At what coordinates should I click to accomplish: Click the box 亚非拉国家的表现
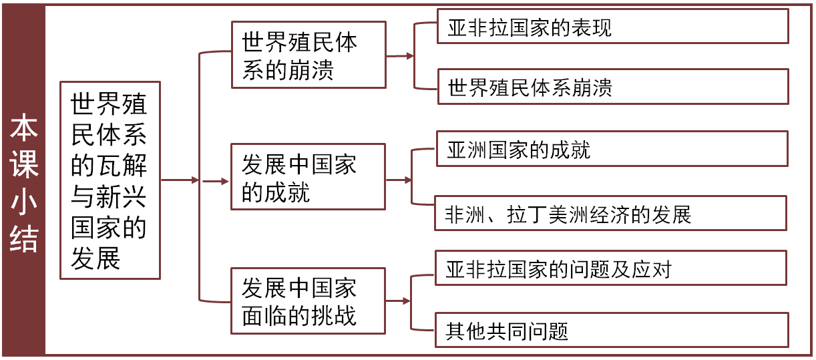tap(612, 27)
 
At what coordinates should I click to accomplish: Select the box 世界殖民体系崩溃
tap(612, 87)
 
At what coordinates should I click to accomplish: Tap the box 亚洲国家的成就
tap(611, 148)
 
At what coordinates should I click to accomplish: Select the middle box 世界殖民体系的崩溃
tap(309, 55)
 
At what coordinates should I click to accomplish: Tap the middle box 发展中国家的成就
tap(309, 177)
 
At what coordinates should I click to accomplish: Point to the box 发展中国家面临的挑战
tap(309, 301)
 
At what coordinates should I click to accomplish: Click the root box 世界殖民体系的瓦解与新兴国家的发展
tap(110, 180)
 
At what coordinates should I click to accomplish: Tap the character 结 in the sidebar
tap(23, 239)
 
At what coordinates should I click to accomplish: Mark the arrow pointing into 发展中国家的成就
tap(215, 180)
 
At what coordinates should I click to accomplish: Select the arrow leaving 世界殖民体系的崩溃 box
tap(399, 57)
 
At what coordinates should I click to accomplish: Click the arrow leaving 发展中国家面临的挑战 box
tap(398, 301)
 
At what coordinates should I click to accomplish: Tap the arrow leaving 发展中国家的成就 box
tap(399, 180)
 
